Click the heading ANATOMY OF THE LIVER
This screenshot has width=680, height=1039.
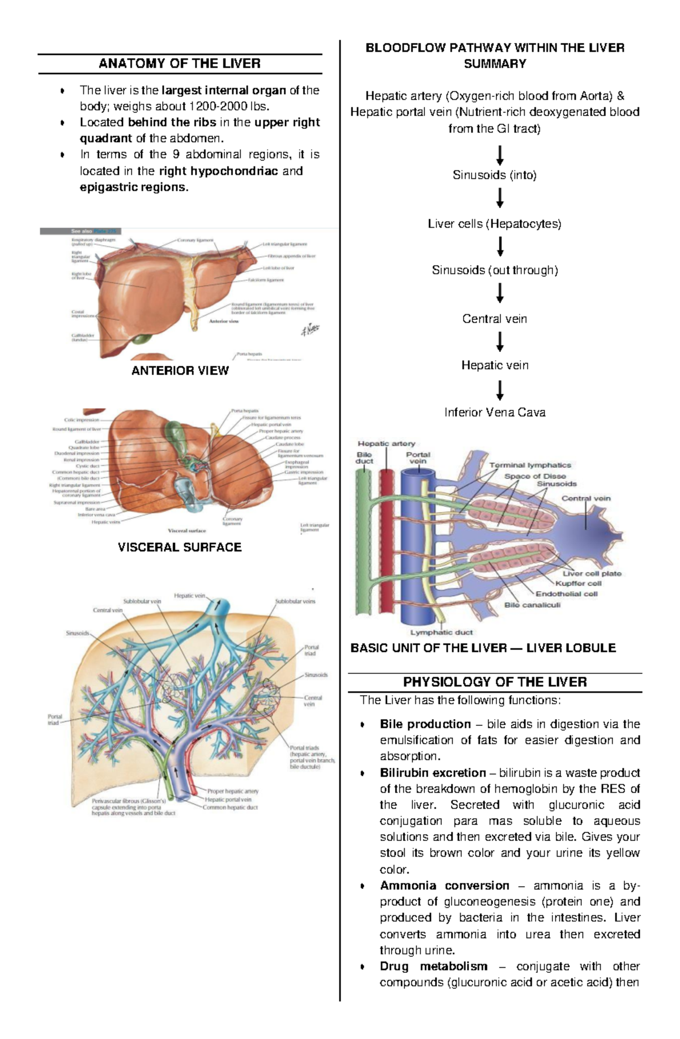click(180, 63)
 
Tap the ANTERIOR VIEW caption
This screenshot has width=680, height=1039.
click(180, 370)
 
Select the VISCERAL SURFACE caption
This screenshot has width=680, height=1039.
click(180, 547)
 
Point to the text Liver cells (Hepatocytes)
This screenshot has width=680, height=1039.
click(494, 224)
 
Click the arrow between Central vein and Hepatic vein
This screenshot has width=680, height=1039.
click(500, 342)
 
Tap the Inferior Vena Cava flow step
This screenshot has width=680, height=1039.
click(495, 412)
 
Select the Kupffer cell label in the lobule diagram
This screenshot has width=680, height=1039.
click(578, 583)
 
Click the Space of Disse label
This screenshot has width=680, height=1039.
click(535, 476)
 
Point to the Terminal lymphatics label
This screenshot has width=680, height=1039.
click(530, 465)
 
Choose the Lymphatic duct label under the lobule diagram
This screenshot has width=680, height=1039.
click(441, 632)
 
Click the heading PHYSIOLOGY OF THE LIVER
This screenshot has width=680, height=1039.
click(495, 682)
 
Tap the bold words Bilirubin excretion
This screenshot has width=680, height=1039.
click(433, 772)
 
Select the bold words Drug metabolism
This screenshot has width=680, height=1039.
click(433, 966)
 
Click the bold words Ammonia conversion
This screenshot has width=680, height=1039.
click(444, 885)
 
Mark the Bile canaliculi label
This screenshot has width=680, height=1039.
click(532, 605)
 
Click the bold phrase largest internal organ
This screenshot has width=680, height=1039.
click(224, 90)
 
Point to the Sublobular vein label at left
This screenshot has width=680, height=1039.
click(142, 601)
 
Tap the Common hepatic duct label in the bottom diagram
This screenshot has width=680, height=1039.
click(230, 807)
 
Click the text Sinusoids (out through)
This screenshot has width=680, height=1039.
click(495, 270)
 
